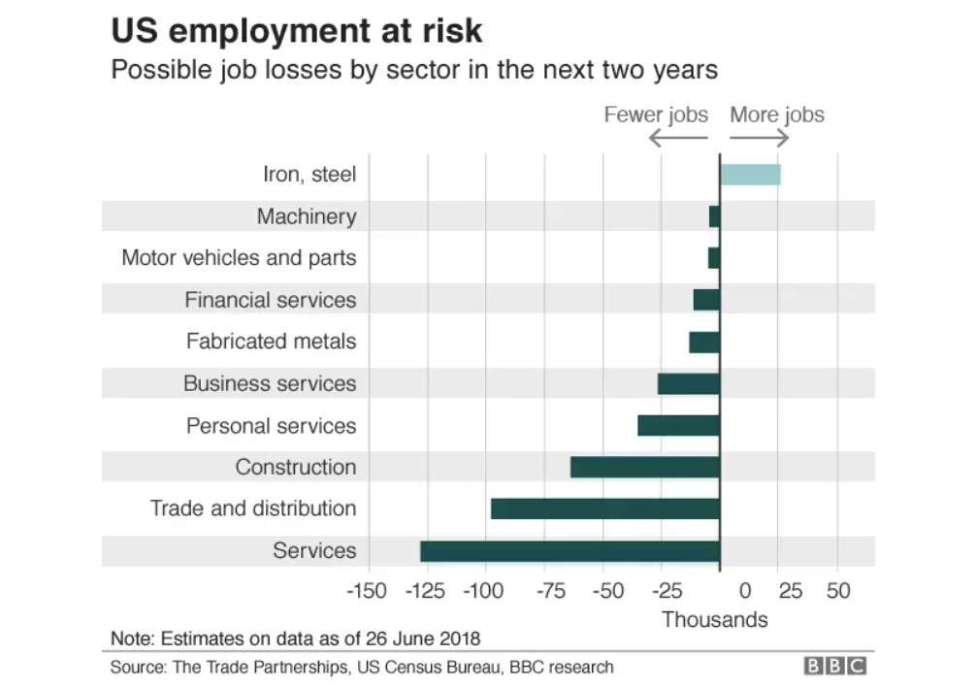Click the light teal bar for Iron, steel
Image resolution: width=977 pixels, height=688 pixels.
click(750, 175)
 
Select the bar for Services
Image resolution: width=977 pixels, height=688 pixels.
click(570, 551)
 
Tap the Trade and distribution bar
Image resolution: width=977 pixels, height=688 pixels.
click(605, 508)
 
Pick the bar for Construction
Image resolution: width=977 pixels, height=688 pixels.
click(645, 467)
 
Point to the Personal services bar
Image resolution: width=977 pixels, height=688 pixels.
click(678, 425)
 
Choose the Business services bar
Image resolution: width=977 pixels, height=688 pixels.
click(689, 383)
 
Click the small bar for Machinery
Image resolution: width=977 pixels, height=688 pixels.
click(715, 216)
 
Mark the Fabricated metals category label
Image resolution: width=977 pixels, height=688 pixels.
click(271, 342)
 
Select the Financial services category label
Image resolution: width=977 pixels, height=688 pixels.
click(270, 300)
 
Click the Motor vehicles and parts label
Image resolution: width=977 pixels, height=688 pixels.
click(239, 258)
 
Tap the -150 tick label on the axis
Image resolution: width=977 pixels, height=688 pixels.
click(367, 591)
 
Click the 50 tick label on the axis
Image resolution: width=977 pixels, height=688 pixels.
click(838, 591)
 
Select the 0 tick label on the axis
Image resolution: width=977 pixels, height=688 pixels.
click(745, 591)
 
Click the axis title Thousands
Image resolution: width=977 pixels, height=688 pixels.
click(714, 619)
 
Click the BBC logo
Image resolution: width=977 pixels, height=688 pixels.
click(834, 667)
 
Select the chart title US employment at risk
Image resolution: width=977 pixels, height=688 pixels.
click(297, 31)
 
